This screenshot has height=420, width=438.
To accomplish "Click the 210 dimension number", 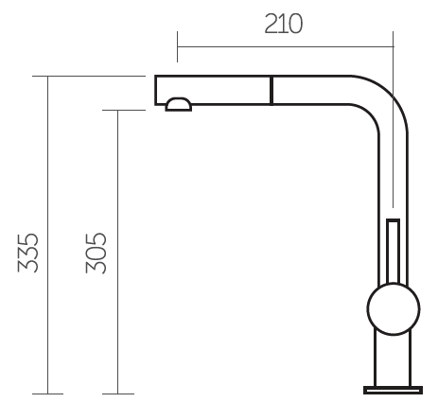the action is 283,24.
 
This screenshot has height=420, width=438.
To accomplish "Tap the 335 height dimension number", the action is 27,253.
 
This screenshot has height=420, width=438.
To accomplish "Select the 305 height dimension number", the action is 96,253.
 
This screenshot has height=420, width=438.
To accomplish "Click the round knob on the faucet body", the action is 394,308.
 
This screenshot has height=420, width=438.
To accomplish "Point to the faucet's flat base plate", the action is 393,390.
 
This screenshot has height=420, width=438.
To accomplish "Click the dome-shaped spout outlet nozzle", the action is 179,104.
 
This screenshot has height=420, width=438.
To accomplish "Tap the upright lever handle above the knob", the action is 394,251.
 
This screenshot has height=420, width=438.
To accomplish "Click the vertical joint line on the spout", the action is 272,90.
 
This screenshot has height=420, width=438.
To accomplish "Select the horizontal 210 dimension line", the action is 286,46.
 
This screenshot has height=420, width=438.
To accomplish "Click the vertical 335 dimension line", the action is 48,235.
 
